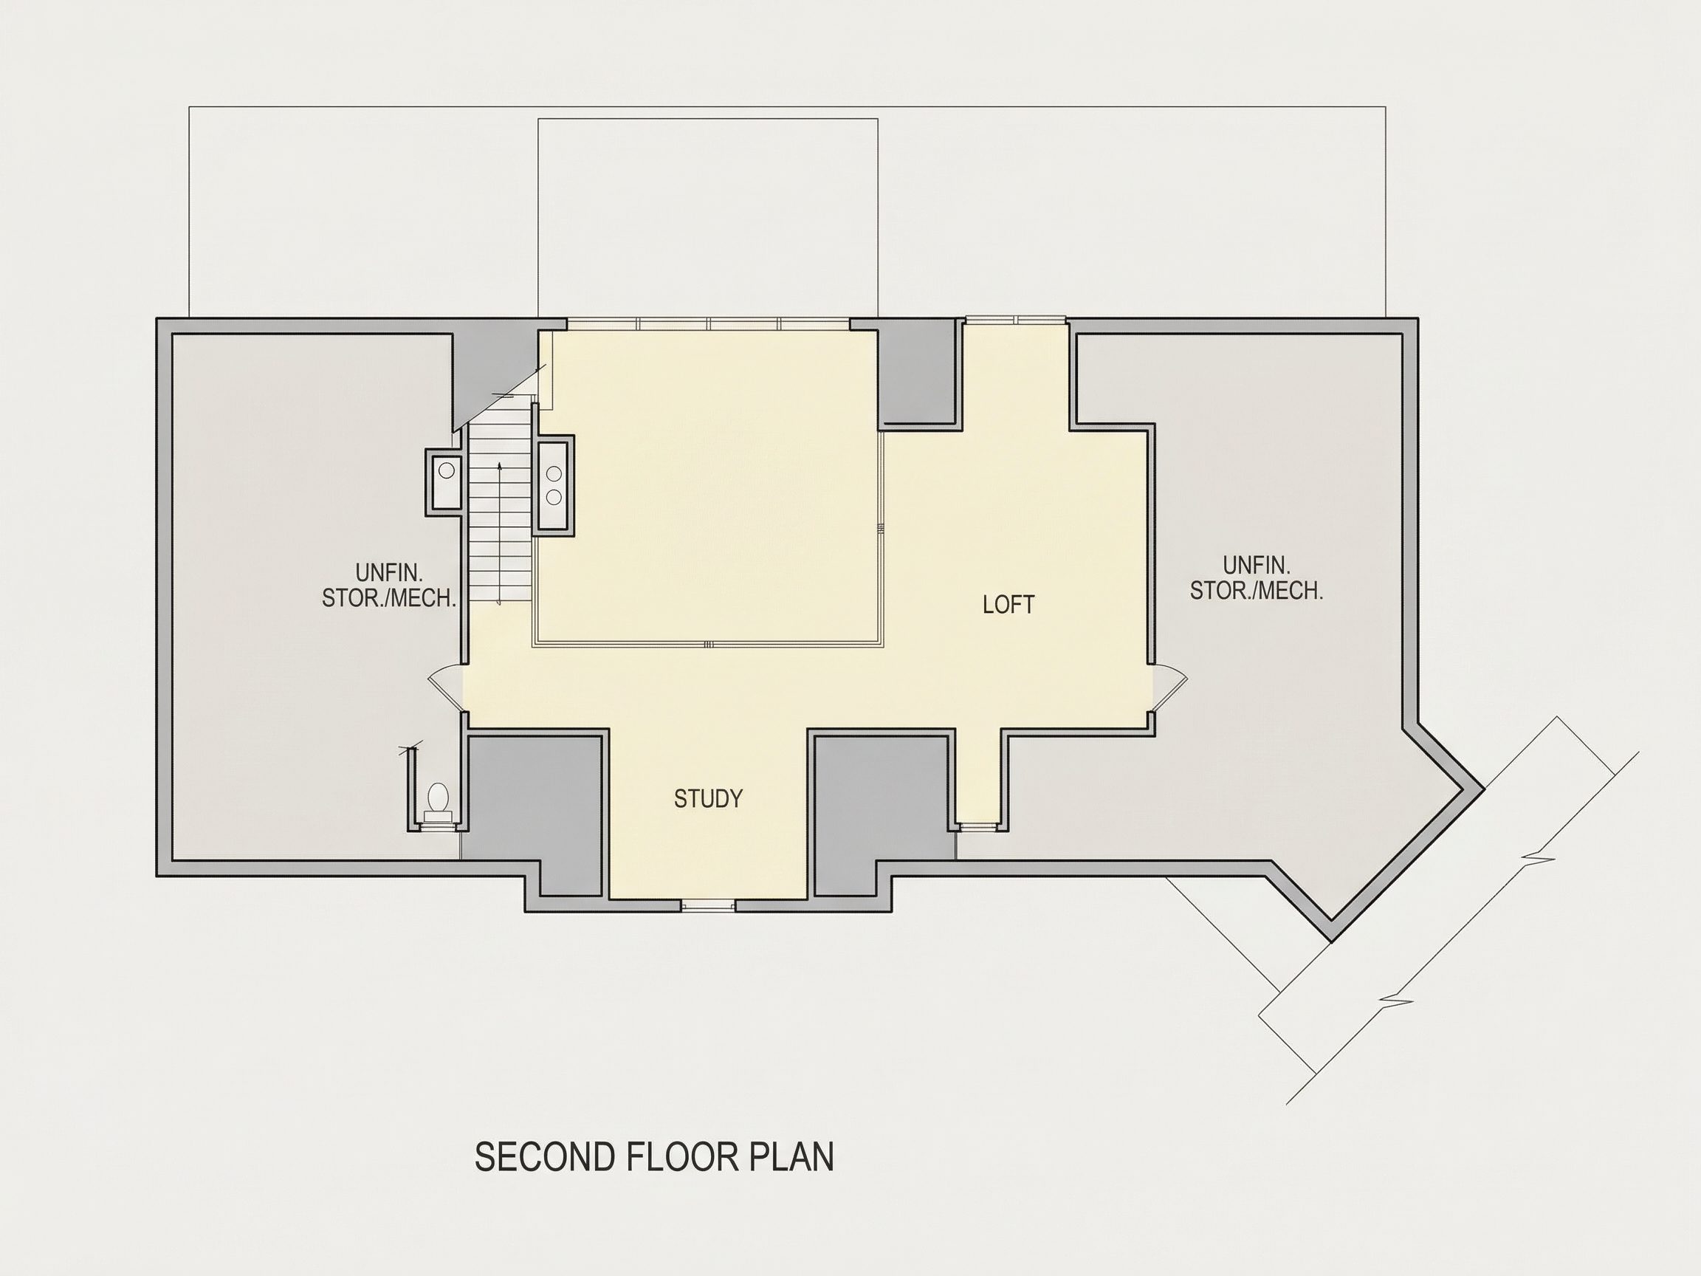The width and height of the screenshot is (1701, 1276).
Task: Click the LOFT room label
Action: coord(1008,605)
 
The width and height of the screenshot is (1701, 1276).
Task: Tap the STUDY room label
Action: coord(708,799)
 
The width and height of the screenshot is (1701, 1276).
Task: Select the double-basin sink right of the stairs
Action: coord(554,484)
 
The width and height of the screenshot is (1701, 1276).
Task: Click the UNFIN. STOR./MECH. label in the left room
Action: coord(389,586)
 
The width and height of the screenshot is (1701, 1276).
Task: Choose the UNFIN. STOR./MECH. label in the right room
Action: coord(1257,578)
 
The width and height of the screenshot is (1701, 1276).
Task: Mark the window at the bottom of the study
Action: coord(708,905)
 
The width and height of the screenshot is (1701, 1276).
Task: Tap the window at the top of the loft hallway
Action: coord(1015,320)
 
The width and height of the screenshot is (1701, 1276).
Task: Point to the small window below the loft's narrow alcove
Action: coord(978,827)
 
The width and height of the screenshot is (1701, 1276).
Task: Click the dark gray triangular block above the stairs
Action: coord(494,374)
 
